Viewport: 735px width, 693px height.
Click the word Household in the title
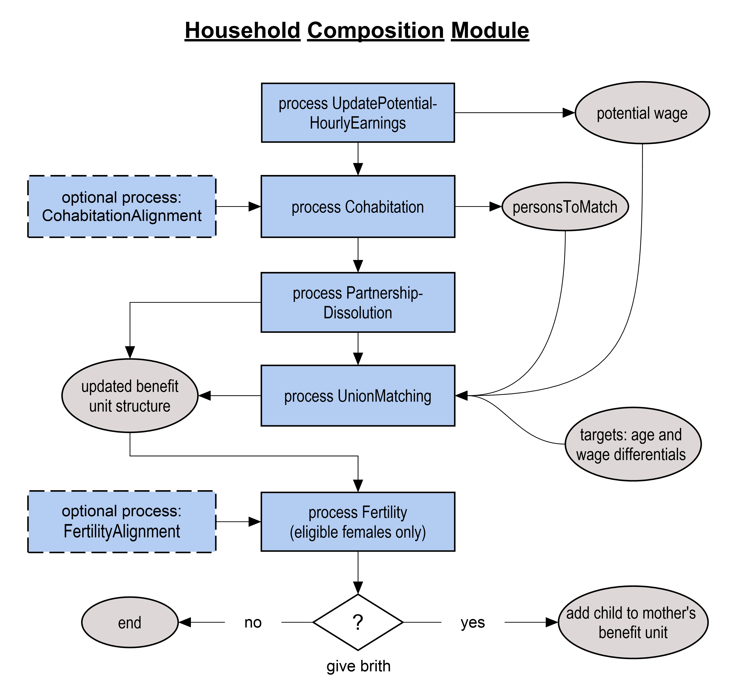(243, 30)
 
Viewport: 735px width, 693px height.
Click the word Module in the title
(490, 30)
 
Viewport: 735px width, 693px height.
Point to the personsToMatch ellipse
(565, 206)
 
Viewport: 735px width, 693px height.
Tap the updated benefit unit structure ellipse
(130, 396)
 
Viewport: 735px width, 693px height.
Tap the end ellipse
(130, 623)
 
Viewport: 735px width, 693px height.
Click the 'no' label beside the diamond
(253, 623)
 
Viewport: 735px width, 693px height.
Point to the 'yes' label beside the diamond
(473, 623)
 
